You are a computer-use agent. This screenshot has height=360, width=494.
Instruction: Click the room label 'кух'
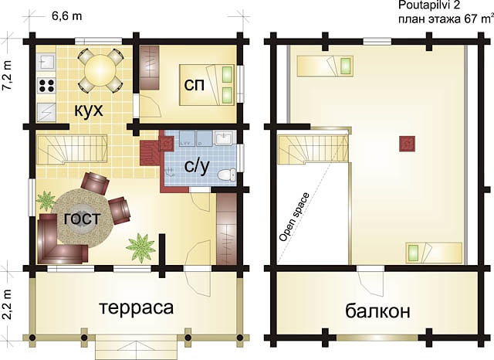tap(89, 110)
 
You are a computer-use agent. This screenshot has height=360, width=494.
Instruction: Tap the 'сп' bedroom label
tap(194, 84)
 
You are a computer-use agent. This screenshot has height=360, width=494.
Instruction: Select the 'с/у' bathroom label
tap(197, 166)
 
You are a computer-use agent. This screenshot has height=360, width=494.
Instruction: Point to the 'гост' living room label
tap(83, 218)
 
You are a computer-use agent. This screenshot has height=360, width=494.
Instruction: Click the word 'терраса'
tap(137, 307)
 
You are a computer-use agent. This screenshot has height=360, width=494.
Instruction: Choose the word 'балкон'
tap(377, 311)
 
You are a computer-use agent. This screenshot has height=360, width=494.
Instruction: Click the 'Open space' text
tap(295, 217)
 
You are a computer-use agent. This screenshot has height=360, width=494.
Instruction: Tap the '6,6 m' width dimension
tap(67, 16)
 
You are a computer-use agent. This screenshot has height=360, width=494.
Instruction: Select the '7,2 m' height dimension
tap(7, 76)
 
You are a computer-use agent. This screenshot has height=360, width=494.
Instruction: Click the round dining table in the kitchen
tap(100, 70)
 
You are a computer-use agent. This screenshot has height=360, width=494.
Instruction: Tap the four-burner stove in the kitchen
tap(46, 86)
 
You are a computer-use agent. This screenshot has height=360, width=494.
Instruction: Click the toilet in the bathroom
tap(226, 175)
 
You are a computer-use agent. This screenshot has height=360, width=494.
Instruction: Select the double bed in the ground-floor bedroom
tap(207, 85)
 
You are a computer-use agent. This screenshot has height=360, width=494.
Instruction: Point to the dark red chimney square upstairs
tap(407, 144)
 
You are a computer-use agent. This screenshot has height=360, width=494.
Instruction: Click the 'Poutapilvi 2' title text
tap(428, 5)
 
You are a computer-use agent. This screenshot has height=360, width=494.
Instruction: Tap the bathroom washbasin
tap(224, 138)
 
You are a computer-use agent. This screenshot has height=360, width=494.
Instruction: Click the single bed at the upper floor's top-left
tap(325, 66)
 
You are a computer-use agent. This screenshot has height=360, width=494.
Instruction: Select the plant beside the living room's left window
tap(46, 201)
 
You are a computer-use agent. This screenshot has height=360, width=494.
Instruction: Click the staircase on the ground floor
tap(72, 149)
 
